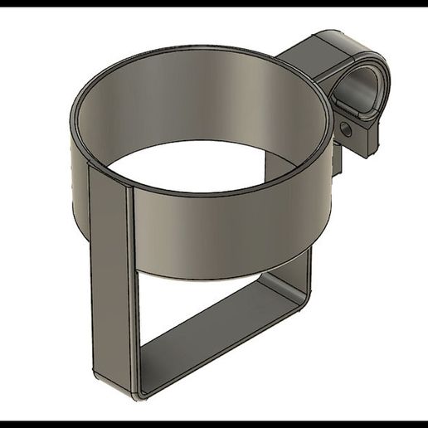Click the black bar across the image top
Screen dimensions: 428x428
pyautogui.click(x=214, y=3)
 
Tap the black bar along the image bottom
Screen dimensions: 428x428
pyautogui.click(x=214, y=424)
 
